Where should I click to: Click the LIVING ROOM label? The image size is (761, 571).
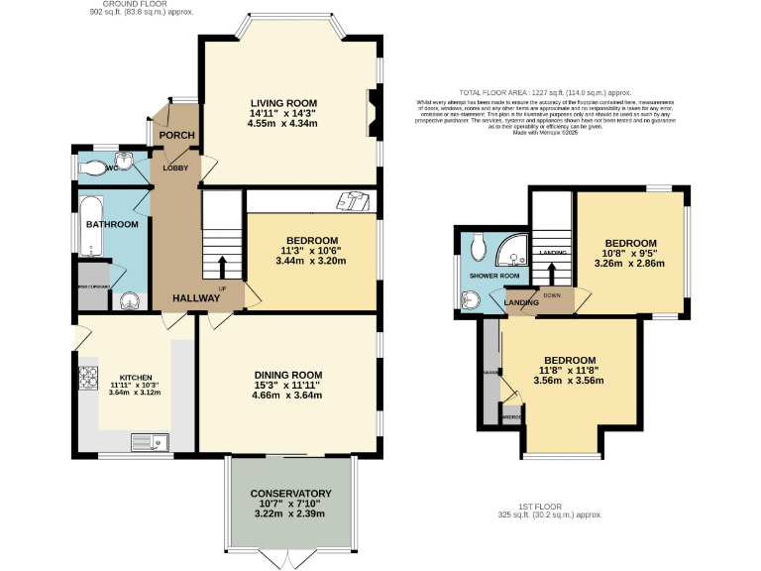coord(283,102)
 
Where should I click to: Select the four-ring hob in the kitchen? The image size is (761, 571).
coord(86,378)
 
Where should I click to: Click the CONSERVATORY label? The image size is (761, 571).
coord(290,493)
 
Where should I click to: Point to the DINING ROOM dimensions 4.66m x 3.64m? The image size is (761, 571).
coord(286,396)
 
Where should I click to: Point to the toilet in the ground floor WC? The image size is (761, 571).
coord(96,168)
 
